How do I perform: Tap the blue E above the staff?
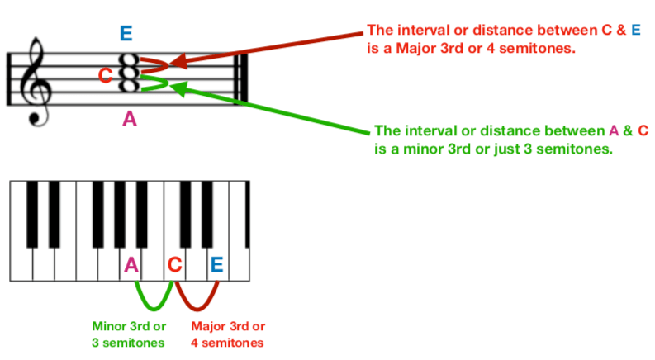coord(126,34)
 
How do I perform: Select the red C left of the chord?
coord(105,76)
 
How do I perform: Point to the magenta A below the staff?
coord(130,119)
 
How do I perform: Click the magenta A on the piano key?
coord(131,265)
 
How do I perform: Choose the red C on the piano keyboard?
coord(174,265)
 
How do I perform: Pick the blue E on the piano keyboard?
coord(216,265)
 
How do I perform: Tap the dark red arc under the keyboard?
coord(197,297)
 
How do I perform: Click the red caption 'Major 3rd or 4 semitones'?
coord(228,334)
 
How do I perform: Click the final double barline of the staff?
coord(243,78)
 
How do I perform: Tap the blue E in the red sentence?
coord(635,31)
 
